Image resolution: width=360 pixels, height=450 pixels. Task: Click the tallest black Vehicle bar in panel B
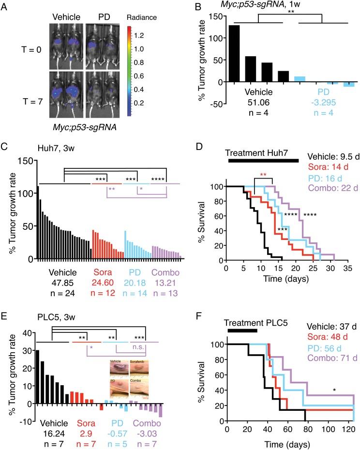coord(234,54)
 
